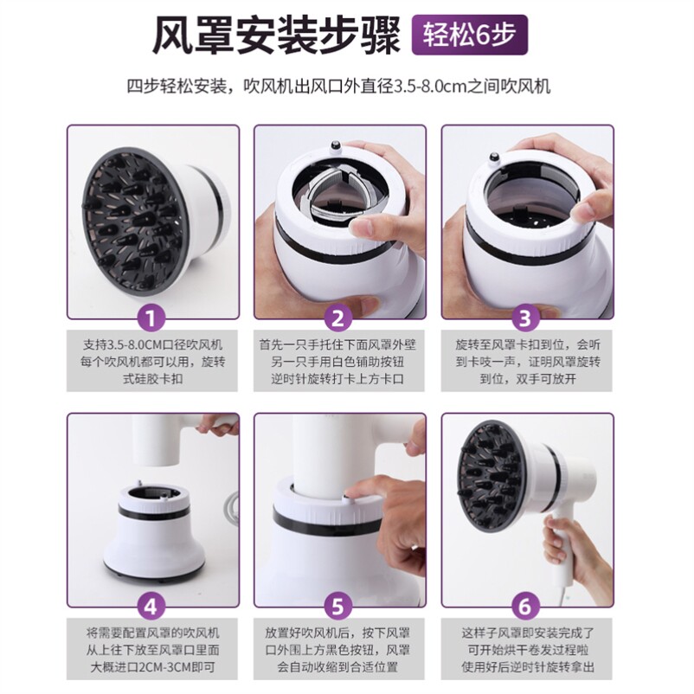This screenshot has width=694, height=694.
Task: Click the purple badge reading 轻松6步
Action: [470, 35]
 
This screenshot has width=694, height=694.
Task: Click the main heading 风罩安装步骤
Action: [277, 35]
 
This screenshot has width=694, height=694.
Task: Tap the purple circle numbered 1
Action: [151, 318]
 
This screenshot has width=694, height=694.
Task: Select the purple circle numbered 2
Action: [337, 318]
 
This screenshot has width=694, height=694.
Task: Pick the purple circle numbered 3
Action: [525, 318]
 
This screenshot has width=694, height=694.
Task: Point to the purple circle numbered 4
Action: [151, 607]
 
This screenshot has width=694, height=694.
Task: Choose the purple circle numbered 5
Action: [337, 607]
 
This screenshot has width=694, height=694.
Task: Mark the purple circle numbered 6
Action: [525, 607]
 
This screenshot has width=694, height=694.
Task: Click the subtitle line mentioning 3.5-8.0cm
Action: [338, 86]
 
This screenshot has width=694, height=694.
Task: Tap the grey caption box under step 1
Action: [151, 361]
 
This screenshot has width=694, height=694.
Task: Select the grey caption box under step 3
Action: [527, 361]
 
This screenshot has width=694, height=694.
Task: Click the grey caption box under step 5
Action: [338, 649]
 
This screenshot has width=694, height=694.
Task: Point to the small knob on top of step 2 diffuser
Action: [335, 145]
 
